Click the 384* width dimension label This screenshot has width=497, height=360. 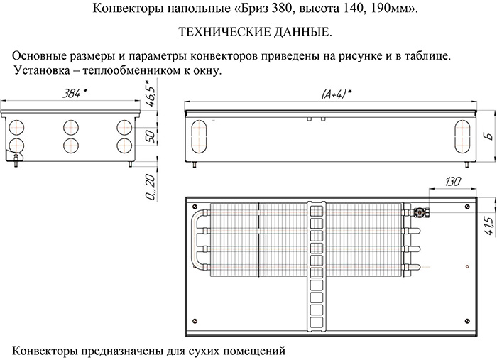(75, 94)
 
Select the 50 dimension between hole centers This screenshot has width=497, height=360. (151, 136)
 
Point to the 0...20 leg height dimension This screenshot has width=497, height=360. (151, 187)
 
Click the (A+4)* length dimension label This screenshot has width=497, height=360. (337, 94)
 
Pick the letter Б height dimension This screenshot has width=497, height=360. (490, 136)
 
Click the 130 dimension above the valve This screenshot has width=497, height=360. (453, 182)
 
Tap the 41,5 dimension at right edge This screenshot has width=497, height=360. (490, 226)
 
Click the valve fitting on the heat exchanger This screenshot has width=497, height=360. (421, 212)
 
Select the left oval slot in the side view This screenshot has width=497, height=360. (200, 136)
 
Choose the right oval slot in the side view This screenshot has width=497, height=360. (462, 136)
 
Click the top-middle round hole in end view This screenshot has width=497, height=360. (71, 128)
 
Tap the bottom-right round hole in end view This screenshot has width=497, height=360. (124, 146)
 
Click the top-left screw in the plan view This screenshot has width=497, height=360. (195, 207)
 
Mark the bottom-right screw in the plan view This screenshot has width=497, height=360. (467, 322)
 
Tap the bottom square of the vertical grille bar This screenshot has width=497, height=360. (317, 322)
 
